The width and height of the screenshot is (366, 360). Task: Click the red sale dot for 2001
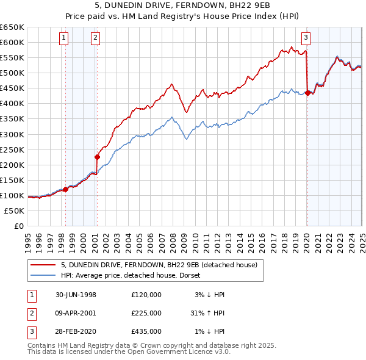96,156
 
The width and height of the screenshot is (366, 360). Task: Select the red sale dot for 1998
65,189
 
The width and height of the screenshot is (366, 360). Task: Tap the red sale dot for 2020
307,93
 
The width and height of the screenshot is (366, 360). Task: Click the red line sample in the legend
43,265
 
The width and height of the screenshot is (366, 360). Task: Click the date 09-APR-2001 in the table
76,313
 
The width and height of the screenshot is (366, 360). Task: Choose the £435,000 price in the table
146,331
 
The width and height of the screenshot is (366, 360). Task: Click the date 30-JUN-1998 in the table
76,295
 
